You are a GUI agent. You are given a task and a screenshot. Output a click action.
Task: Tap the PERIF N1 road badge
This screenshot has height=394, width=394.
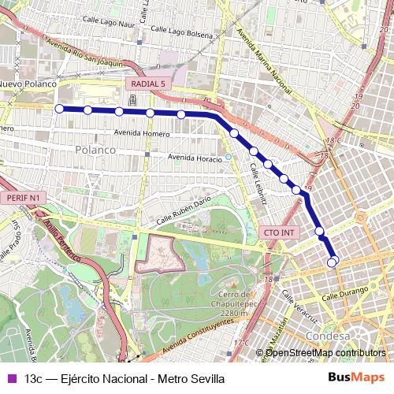[23, 196]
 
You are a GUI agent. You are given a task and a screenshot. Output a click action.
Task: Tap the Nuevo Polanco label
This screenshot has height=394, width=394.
[28, 84]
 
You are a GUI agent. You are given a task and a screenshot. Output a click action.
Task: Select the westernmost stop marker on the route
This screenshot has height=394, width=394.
[59, 109]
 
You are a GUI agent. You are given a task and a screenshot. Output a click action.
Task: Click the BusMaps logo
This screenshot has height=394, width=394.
[355, 379]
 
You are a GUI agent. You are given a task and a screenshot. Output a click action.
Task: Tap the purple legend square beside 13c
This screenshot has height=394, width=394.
[10, 379]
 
